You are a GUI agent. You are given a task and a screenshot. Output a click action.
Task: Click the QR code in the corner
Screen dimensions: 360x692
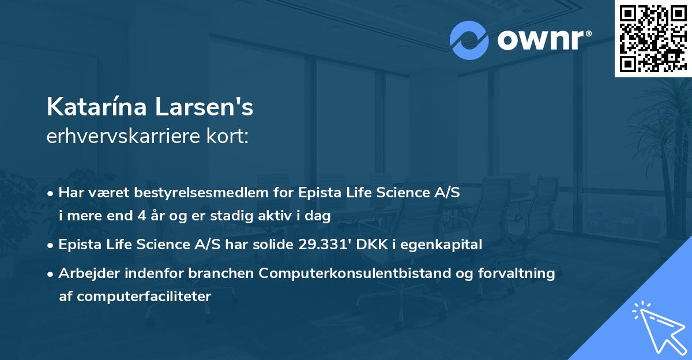tap(653, 39)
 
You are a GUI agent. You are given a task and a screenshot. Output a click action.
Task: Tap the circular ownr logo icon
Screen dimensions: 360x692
tap(469, 40)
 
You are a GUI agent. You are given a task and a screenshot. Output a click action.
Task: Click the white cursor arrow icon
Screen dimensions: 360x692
tap(659, 327)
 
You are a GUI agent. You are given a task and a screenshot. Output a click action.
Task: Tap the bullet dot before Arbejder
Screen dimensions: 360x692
tap(51, 274)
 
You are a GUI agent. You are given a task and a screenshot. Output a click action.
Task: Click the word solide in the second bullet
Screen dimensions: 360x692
tap(276, 245)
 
